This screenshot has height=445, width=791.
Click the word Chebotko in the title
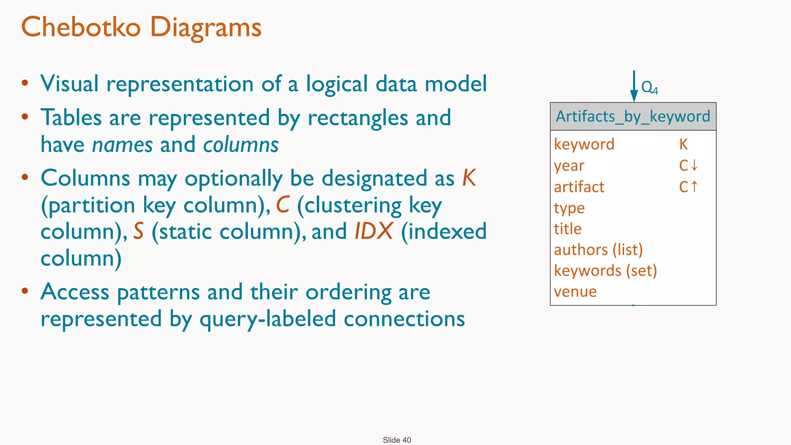81,27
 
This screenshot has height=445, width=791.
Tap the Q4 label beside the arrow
649,88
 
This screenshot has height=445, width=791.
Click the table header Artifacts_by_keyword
633,116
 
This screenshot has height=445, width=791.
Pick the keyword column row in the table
584,144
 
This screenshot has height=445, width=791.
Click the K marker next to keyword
683,144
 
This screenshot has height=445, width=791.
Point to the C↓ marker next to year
688,165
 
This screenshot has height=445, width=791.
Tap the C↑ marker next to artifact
688,187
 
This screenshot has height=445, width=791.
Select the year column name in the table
569,166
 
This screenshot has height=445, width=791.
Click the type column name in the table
569,208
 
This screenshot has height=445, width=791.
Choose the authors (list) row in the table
598,250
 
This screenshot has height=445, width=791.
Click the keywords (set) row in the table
605,271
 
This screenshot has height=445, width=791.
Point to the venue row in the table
575,292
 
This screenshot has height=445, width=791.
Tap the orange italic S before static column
139,231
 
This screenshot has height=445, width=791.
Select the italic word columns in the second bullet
241,145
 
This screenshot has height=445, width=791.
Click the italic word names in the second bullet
122,145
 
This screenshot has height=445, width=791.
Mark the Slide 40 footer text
397,440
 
